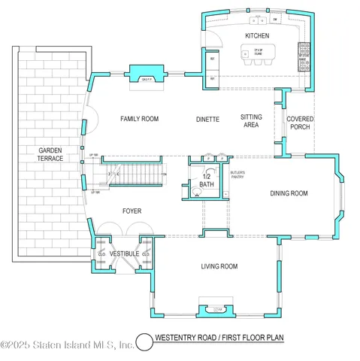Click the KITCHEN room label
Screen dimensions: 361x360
click(257, 36)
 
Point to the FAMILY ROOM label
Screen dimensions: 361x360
click(141, 119)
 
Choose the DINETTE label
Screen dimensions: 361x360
click(207, 119)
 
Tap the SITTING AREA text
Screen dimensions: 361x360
click(250, 121)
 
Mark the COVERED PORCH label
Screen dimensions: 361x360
click(300, 123)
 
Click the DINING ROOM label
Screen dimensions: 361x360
click(289, 193)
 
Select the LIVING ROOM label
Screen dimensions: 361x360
click(219, 266)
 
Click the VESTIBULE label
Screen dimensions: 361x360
click(124, 254)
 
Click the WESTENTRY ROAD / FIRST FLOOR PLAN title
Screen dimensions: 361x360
click(219, 338)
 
